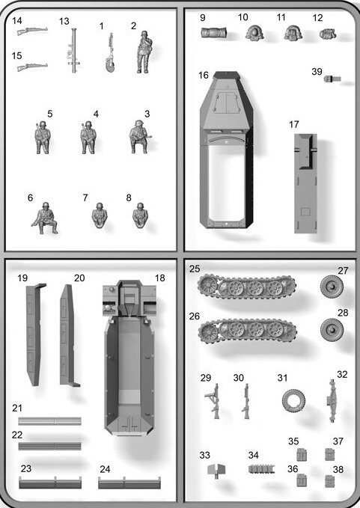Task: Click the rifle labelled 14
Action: click(x=32, y=31)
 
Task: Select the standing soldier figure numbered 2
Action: click(x=144, y=52)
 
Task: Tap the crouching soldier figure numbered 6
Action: click(x=45, y=218)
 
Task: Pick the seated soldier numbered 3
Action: click(x=139, y=137)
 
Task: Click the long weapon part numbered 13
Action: click(x=74, y=50)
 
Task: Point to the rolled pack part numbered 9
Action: click(x=213, y=33)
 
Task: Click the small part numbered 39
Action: click(x=332, y=79)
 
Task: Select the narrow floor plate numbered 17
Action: click(x=305, y=183)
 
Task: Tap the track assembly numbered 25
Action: click(x=246, y=287)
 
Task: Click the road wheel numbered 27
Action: click(x=332, y=287)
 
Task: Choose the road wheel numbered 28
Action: click(x=332, y=330)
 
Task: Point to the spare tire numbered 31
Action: click(x=293, y=400)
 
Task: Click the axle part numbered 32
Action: click(x=332, y=401)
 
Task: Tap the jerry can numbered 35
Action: click(x=302, y=455)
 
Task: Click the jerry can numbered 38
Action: click(x=330, y=481)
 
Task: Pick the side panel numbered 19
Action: click(x=34, y=334)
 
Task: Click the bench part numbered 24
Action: click(x=129, y=483)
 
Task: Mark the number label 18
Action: click(x=159, y=278)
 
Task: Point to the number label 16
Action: click(x=204, y=75)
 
